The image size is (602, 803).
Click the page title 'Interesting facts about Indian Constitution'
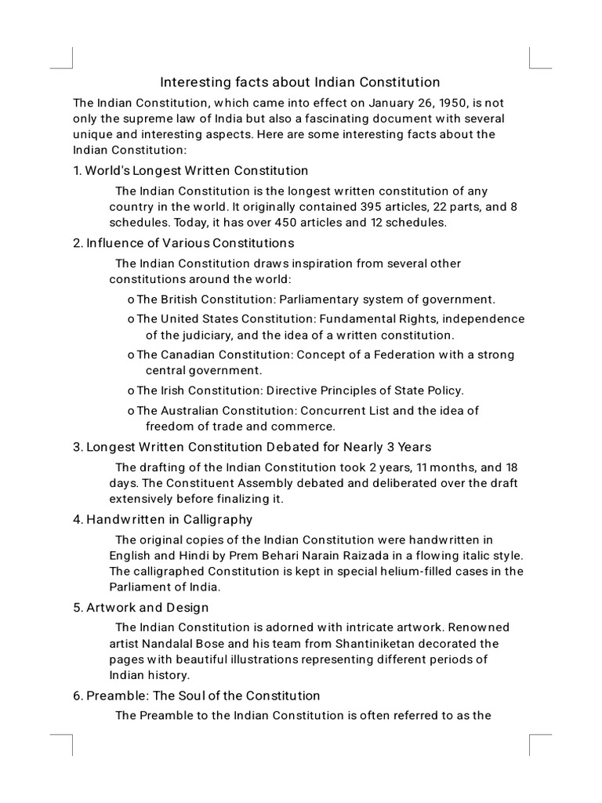click(x=300, y=82)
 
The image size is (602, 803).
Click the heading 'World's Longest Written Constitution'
click(x=196, y=170)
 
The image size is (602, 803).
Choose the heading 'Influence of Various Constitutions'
click(x=190, y=242)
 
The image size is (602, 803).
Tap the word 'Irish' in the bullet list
click(x=172, y=390)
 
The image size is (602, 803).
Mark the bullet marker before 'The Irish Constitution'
click(x=130, y=391)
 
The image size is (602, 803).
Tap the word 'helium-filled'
click(x=408, y=571)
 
